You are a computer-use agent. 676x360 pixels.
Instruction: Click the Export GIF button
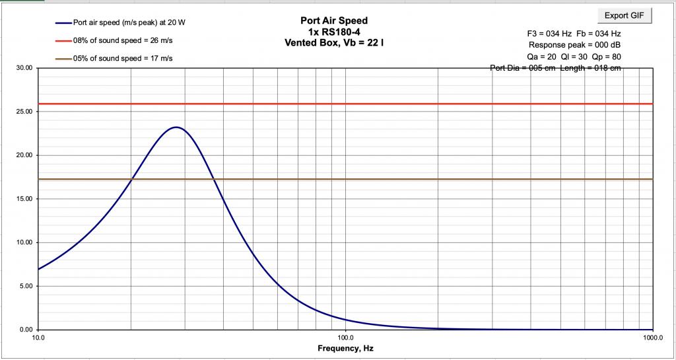[x=624, y=15]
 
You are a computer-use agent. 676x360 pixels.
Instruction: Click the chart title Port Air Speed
[x=334, y=20]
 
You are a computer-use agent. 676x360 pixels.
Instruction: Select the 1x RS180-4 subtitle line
[x=334, y=31]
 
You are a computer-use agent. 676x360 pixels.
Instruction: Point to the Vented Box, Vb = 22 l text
[x=334, y=42]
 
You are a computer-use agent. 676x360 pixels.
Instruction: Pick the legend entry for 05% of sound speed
[x=114, y=59]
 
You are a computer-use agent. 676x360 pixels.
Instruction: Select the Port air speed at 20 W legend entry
[x=120, y=23]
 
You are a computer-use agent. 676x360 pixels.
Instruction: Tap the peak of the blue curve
[x=176, y=127]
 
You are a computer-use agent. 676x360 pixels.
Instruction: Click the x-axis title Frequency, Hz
[x=345, y=348]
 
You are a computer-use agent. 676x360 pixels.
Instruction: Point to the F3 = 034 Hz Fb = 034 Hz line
[x=574, y=34]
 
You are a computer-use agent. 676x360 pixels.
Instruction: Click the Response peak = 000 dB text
[x=575, y=45]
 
